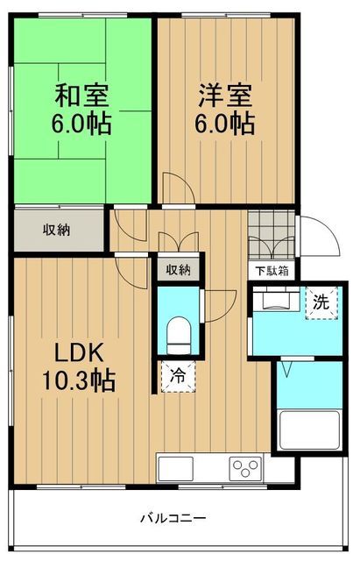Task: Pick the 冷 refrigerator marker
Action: [x=178, y=377]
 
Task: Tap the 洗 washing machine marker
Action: [x=321, y=303]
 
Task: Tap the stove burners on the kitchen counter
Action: [x=246, y=466]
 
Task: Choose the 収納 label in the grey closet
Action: [x=57, y=230]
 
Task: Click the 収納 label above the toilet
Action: [x=178, y=270]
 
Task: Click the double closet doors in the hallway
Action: [x=179, y=243]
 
